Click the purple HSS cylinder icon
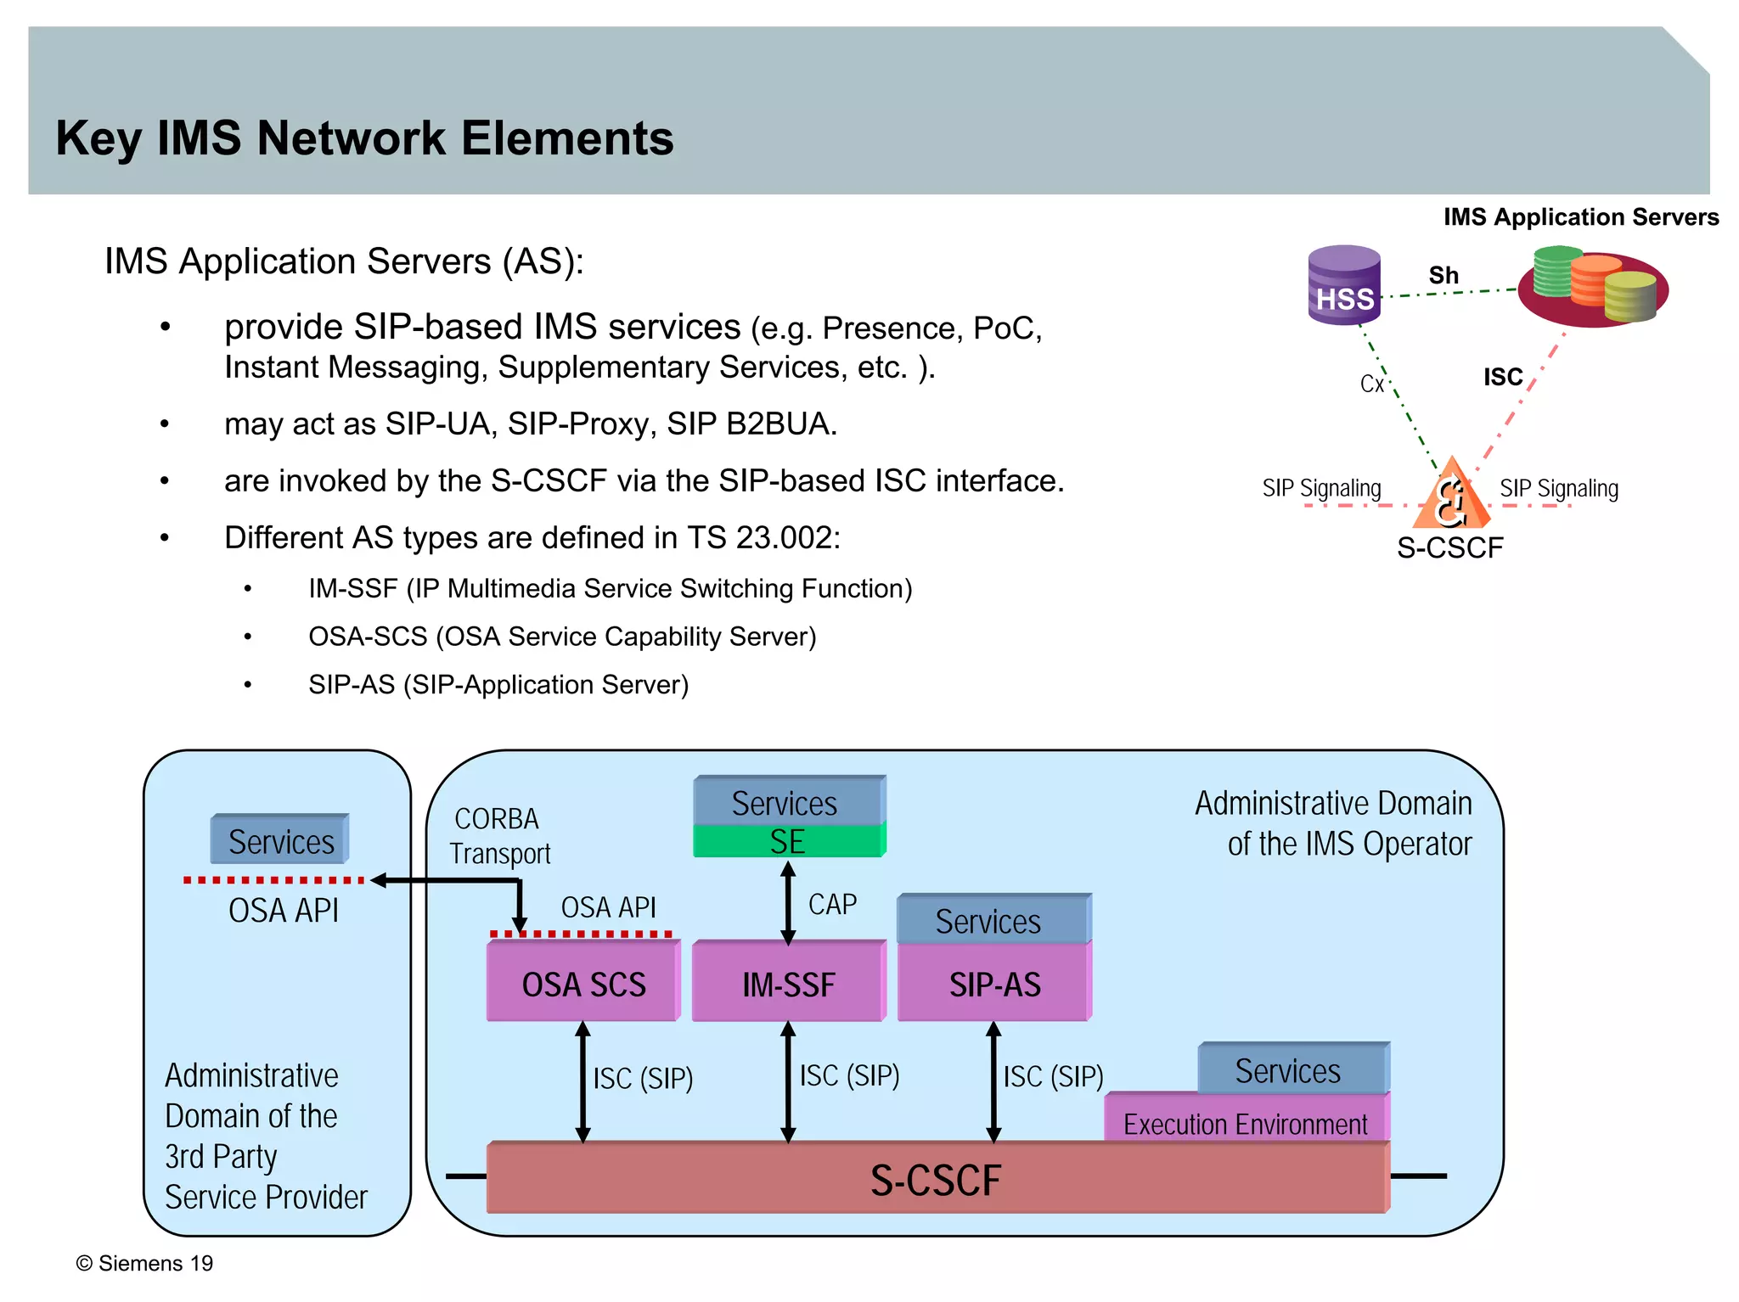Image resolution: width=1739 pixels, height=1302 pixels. pyautogui.click(x=1344, y=286)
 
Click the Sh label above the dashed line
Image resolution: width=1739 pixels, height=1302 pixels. pyautogui.click(x=1443, y=276)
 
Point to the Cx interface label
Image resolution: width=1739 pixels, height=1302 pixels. pyautogui.click(x=1371, y=384)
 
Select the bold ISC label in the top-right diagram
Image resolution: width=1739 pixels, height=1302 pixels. pyautogui.click(x=1502, y=377)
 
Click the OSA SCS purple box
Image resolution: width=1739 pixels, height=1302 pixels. pyautogui.click(x=583, y=984)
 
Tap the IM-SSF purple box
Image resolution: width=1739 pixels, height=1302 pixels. pyautogui.click(x=788, y=984)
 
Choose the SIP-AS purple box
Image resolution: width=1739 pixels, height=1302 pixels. pyautogui.click(x=993, y=984)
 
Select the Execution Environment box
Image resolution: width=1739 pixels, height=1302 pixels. pyautogui.click(x=1245, y=1123)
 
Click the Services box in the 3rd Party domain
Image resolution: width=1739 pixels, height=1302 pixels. pyautogui.click(x=280, y=841)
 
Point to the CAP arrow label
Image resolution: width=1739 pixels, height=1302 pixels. pyautogui.click(x=832, y=905)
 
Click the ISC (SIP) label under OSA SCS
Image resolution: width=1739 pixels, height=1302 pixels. pyautogui.click(x=643, y=1079)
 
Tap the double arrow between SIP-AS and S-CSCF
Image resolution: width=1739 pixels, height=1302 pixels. pyautogui.click(x=993, y=1082)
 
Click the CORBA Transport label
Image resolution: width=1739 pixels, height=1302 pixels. pyautogui.click(x=499, y=836)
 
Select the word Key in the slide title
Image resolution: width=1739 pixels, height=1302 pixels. pyautogui.click(x=98, y=138)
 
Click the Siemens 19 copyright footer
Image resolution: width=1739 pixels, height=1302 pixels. pyautogui.click(x=145, y=1263)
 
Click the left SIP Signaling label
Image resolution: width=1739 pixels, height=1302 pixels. pyautogui.click(x=1321, y=488)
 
